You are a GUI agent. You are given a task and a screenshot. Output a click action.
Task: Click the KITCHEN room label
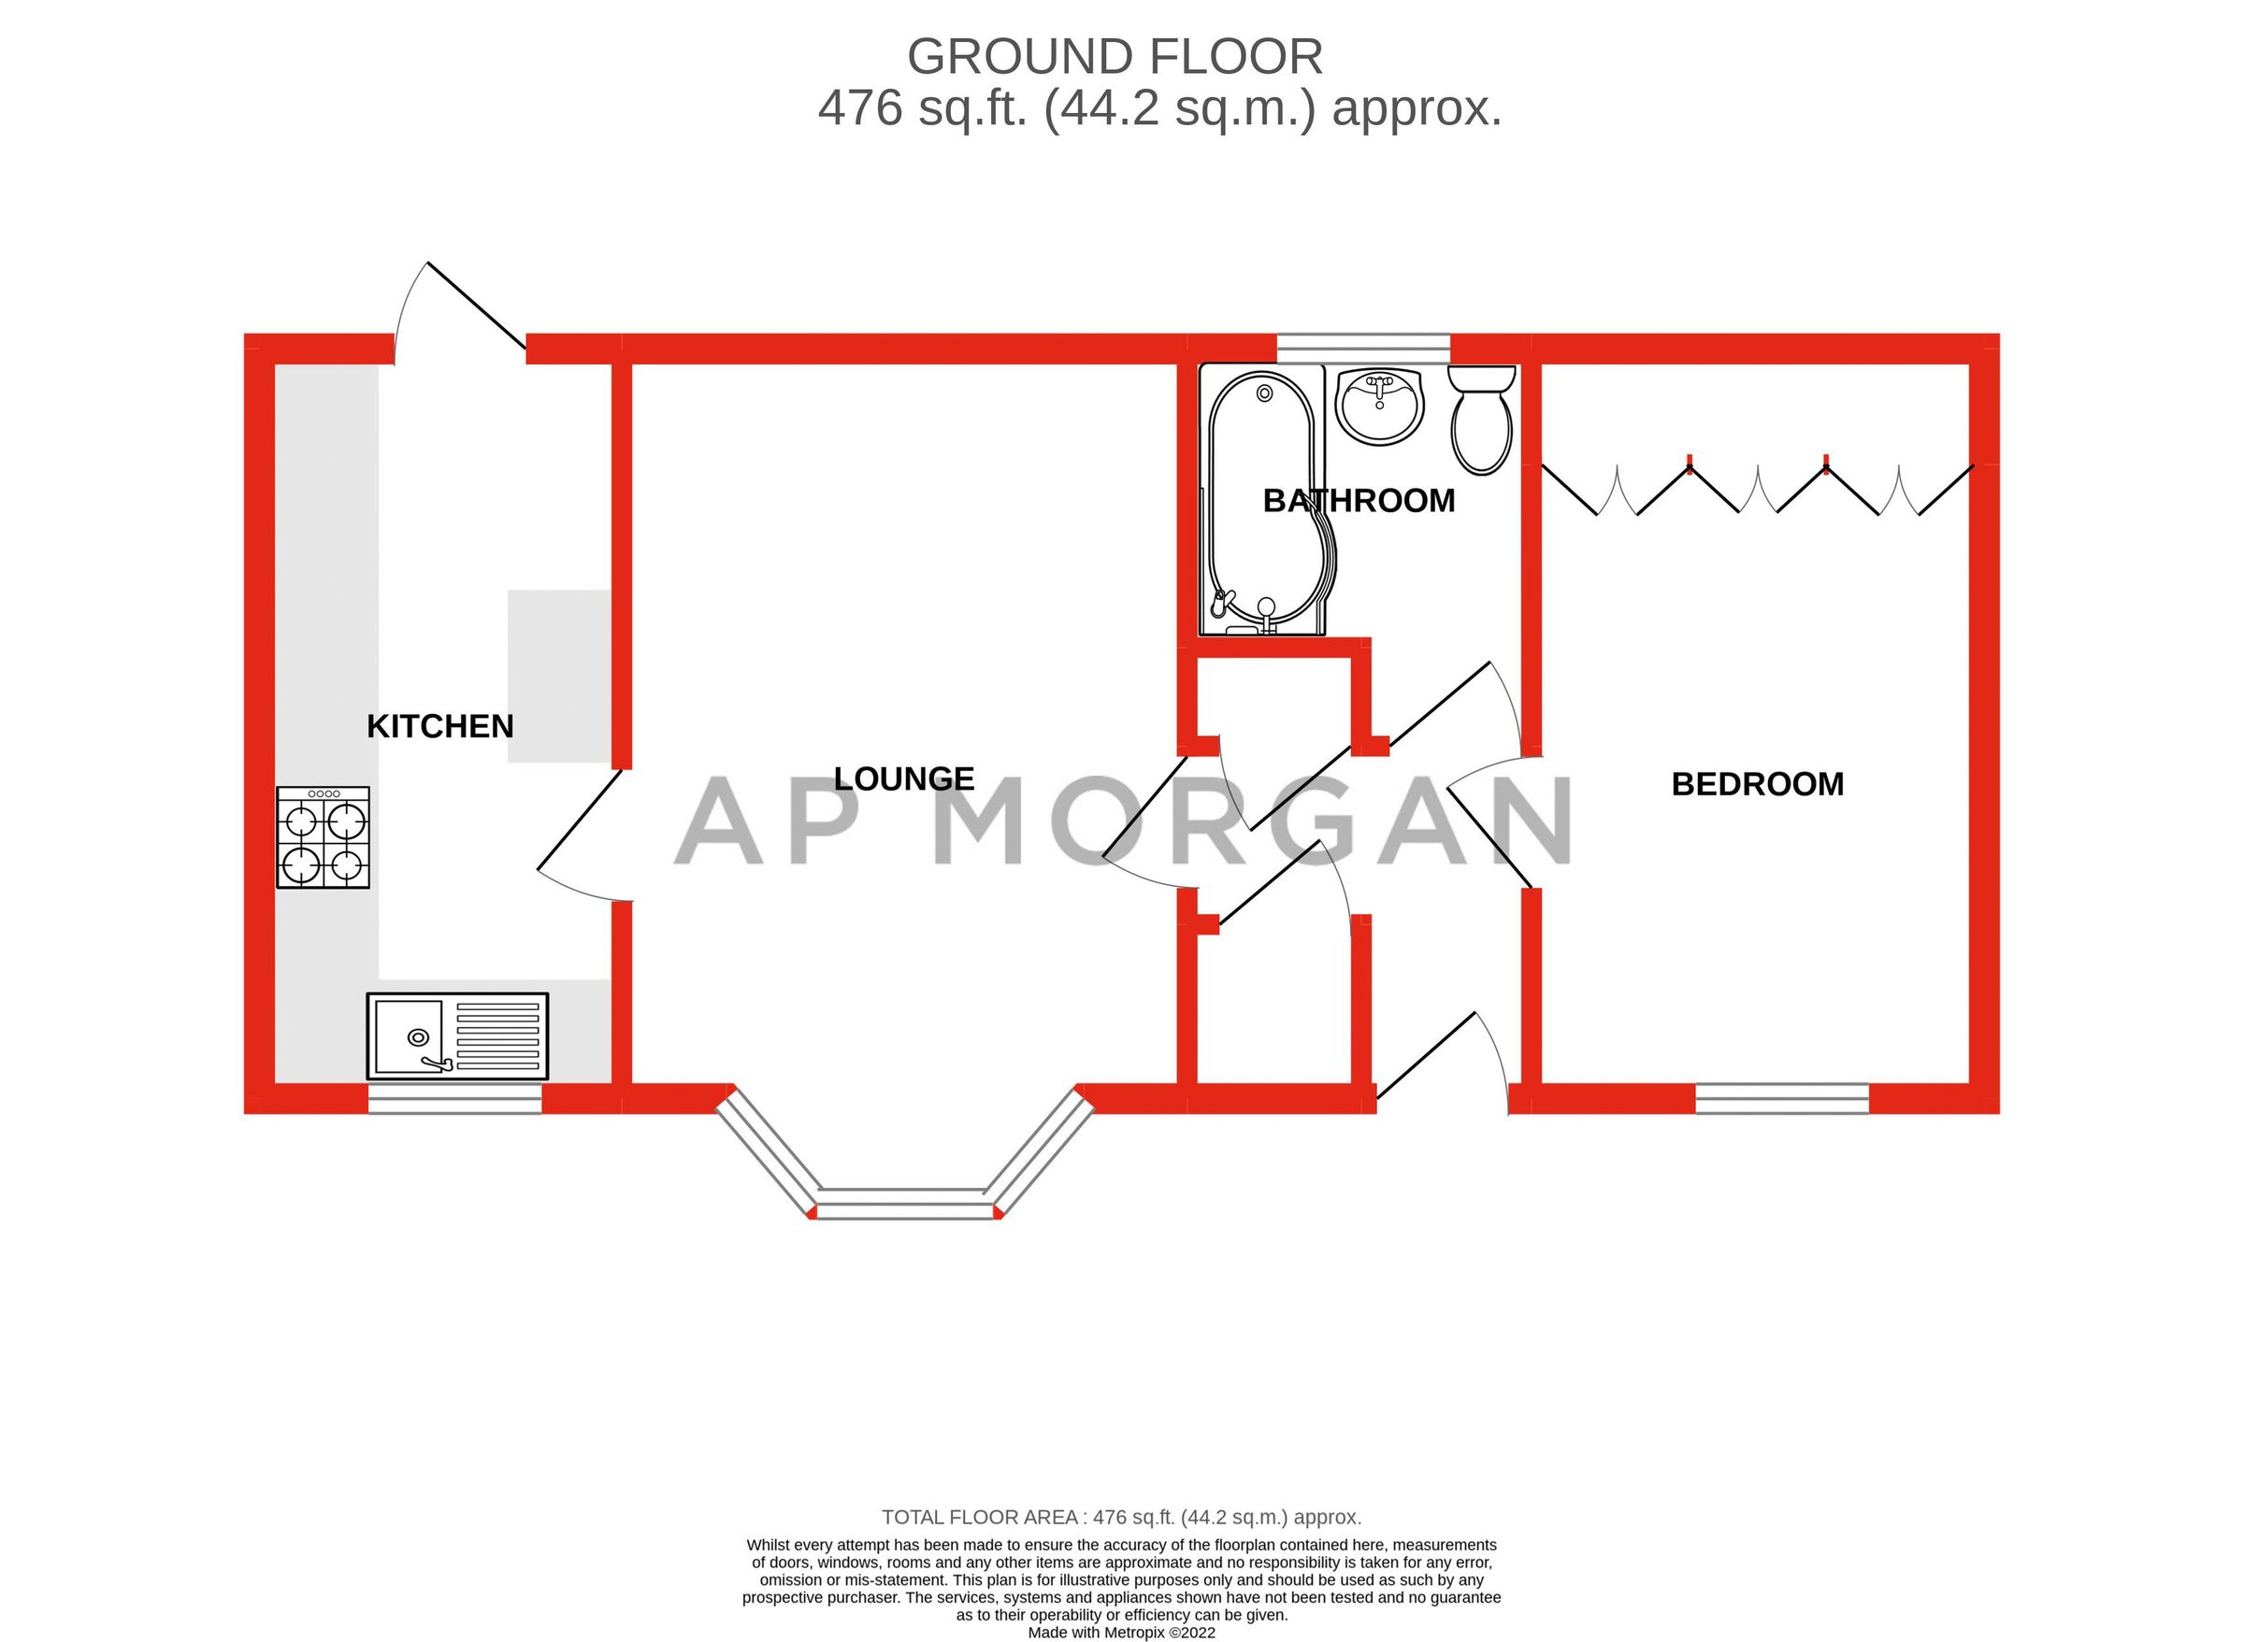[x=439, y=726]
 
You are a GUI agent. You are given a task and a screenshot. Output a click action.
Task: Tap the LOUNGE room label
[x=903, y=778]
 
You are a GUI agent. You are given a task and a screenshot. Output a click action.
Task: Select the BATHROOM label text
[x=1359, y=501]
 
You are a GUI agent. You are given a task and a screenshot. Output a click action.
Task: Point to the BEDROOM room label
[x=1757, y=784]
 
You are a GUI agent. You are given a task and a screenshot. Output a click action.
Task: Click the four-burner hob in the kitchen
[x=323, y=838]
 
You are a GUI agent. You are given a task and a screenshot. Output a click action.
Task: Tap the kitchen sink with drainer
[x=456, y=1036]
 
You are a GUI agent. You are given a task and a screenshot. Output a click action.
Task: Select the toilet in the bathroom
[x=1481, y=420]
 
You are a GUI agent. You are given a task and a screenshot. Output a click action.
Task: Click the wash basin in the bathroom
[x=1380, y=406]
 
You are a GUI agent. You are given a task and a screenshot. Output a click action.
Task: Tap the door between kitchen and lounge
[x=579, y=835]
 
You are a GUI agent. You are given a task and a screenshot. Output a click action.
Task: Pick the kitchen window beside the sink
[x=454, y=1099]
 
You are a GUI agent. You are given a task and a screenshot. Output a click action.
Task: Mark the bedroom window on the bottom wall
[x=1782, y=1098]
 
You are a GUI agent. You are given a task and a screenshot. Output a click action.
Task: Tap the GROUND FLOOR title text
[x=1115, y=58]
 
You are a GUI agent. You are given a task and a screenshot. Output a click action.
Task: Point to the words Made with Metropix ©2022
[x=1120, y=1632]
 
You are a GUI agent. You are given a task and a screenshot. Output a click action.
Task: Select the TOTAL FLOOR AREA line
[x=1120, y=1518]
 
